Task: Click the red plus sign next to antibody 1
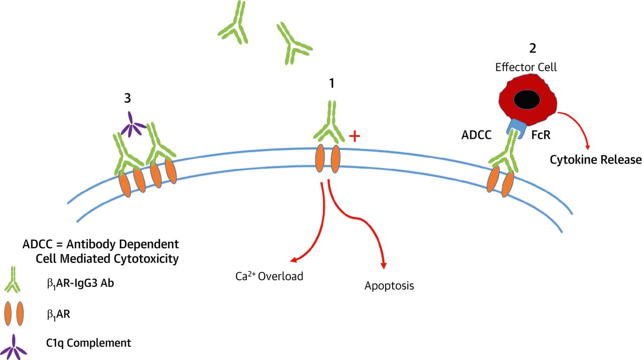[355, 136]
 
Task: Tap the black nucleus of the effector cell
[526, 100]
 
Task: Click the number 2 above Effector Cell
[532, 49]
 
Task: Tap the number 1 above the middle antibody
[332, 83]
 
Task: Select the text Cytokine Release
[595, 160]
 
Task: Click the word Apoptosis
[389, 286]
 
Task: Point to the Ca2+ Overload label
[269, 276]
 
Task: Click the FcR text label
[541, 135]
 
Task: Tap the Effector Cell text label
[526, 67]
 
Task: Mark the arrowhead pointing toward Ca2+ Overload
[294, 259]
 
